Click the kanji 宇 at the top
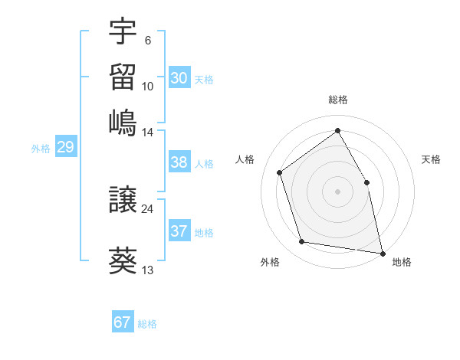coord(123,34)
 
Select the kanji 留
coord(123,79)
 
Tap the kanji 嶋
coord(123,123)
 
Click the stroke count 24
coord(147,208)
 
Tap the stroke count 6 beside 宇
coord(147,41)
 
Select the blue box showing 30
coord(179,78)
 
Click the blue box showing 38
coord(179,162)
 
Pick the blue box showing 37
coord(179,231)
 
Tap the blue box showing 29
coord(65,147)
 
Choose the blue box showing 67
coord(123,322)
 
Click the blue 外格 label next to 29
coord(41,149)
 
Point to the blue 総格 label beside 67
coord(147,324)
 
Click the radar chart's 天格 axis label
coord(431,159)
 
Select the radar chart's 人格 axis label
coord(245,159)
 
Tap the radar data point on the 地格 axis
coord(382,252)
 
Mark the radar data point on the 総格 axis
coord(337,130)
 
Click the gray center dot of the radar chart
coord(337,191)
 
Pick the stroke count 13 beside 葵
coord(148,270)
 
